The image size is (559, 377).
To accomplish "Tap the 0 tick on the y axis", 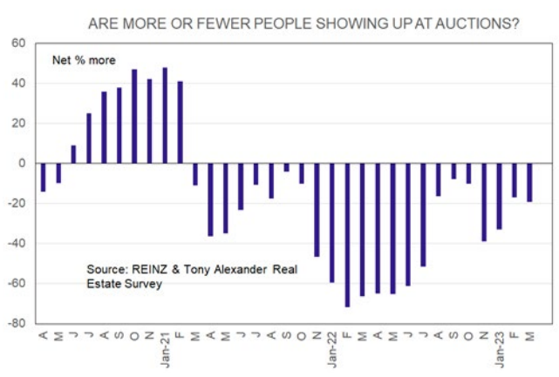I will (x=24, y=163).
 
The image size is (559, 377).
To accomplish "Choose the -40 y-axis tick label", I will (x=17, y=243).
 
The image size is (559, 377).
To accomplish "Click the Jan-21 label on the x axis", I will (x=165, y=346).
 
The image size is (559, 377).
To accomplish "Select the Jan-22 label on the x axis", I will (x=332, y=346).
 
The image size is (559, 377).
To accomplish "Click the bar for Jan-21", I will (x=165, y=115).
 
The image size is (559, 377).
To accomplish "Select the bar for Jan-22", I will (x=332, y=222).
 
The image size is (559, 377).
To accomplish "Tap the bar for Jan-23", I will (x=500, y=196).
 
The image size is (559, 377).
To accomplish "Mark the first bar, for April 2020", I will (x=43, y=177).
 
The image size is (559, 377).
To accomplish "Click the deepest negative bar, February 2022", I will (x=347, y=234).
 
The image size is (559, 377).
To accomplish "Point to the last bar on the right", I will (x=529, y=182).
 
